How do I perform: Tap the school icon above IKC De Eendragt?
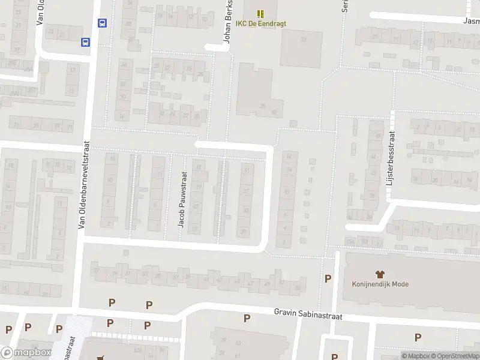coord(260,13)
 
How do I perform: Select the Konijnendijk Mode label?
coord(380,284)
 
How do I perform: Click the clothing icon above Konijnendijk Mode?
coord(380,274)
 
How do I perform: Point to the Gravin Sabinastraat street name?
coord(308,313)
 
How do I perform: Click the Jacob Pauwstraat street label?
coord(182,200)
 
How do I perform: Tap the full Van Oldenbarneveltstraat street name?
coord(83,185)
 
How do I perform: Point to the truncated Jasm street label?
coord(472,20)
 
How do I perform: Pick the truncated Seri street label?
coord(345,6)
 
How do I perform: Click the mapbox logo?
coord(26,353)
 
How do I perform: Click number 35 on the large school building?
coord(262,106)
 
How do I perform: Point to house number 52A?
coord(137,349)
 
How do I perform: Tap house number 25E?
coord(11,62)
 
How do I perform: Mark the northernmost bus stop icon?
coord(102,23)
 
